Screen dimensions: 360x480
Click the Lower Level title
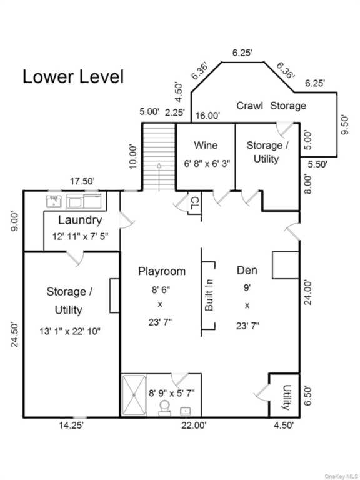coord(73,76)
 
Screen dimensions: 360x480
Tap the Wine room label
coord(206,145)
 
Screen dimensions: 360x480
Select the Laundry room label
coord(80,220)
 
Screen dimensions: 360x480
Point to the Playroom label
coord(162,271)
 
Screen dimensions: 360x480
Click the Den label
coord(247,270)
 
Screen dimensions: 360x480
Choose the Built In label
coord(209,295)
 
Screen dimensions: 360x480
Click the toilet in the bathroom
coord(164,407)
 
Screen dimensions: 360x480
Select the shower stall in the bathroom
coord(134,395)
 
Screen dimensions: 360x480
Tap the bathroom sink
coord(186,411)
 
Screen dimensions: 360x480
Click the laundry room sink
coord(54,201)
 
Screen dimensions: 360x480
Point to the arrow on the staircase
coord(159,177)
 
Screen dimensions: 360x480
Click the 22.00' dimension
coord(194,426)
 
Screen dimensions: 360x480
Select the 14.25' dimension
coord(71,426)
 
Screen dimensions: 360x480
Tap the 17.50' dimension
coord(82,181)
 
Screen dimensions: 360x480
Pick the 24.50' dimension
coord(15,334)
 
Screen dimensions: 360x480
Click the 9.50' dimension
coord(345,124)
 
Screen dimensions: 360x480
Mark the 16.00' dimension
coord(208,116)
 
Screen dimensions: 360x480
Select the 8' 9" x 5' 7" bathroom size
coord(172,392)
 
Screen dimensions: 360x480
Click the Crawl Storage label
coord(271,106)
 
